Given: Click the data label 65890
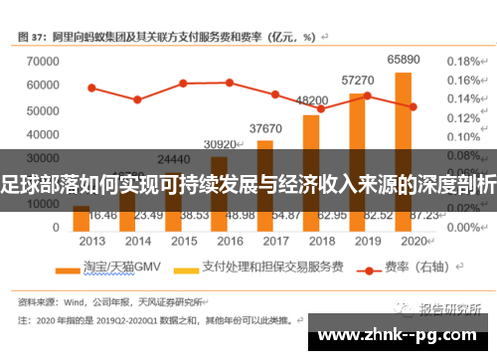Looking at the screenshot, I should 403,60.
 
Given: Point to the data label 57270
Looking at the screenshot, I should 358,80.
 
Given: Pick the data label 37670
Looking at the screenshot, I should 265,128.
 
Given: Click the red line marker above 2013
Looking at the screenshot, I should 91,88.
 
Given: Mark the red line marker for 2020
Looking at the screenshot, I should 413,106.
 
